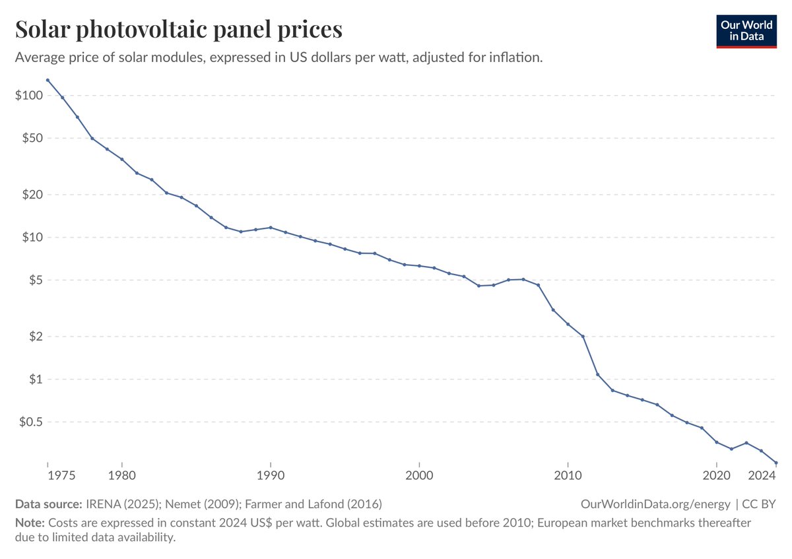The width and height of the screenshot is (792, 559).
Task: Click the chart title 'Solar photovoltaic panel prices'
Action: point(178,30)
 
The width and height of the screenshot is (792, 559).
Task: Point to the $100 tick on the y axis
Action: point(28,96)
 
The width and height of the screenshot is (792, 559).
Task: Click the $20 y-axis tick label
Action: point(31,195)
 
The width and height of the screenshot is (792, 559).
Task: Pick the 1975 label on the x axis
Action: point(48,476)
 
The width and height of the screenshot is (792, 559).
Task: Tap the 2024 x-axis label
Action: point(762,476)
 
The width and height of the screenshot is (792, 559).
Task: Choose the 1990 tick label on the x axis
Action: point(271,476)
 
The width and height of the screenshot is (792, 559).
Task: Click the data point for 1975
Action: point(48,80)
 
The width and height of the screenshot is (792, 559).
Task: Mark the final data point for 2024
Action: point(776,463)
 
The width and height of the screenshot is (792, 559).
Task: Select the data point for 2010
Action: point(568,324)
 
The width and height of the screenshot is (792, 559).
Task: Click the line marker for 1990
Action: point(271,227)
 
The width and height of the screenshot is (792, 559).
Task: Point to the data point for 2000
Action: point(419,266)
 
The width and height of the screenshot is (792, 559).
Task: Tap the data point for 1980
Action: point(122,159)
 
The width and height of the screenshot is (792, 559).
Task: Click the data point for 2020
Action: point(717,442)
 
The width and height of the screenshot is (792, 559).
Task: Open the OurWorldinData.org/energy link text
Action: point(655,504)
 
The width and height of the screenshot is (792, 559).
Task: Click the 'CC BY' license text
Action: point(758,504)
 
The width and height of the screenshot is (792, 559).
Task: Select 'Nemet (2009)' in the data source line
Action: point(208,504)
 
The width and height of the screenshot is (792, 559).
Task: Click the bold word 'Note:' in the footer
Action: point(29,522)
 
